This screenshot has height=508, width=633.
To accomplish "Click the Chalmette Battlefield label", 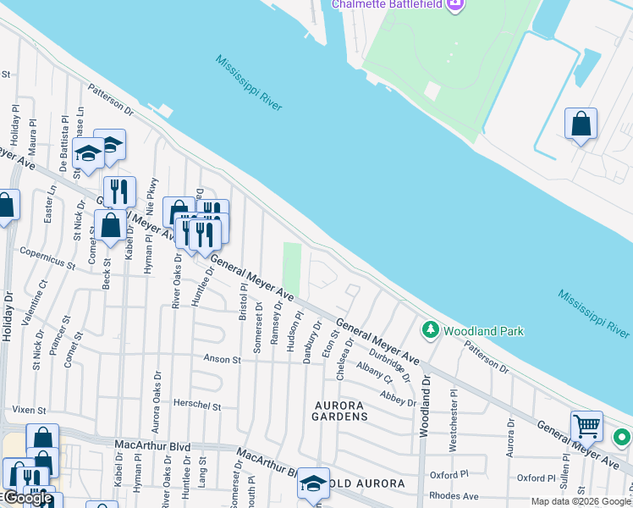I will click(x=387, y=4).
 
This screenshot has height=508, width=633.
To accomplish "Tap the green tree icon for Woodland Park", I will click(x=431, y=329).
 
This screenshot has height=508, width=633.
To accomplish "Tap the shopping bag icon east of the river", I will click(x=581, y=124).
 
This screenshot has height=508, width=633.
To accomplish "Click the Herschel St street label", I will click(x=197, y=406).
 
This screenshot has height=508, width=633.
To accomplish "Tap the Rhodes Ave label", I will click(x=454, y=496).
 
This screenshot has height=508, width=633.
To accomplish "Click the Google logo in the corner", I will click(x=27, y=499).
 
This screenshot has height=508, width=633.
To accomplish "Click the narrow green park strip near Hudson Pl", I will click(x=291, y=267).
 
